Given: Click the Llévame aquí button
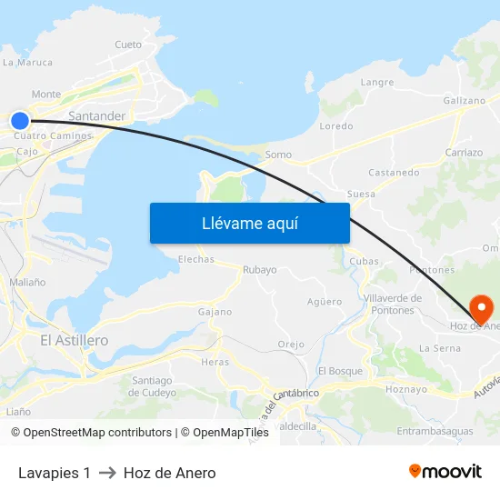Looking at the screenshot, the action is click(x=249, y=223).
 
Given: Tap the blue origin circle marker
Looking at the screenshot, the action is click(x=20, y=120).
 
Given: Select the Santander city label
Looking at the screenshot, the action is click(x=96, y=116).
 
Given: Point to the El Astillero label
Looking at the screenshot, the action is click(x=74, y=340).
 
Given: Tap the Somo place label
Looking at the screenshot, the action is click(x=278, y=155).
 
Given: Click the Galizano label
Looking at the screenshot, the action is click(x=464, y=100).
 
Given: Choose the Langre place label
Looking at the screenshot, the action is click(x=377, y=82).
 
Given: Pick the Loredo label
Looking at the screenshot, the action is click(x=336, y=126).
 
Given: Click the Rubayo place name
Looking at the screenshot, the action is click(x=259, y=270).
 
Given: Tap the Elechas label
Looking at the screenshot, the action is click(x=196, y=259).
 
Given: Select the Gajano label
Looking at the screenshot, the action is click(x=215, y=312).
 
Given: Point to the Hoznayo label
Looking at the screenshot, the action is click(x=406, y=388).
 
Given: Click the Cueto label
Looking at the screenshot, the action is click(x=128, y=45).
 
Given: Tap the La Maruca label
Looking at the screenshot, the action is click(x=27, y=63).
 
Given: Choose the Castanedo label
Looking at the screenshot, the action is click(x=394, y=172).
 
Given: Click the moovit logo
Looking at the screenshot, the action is click(x=445, y=471).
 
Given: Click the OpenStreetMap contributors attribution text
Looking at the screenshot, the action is click(x=98, y=433).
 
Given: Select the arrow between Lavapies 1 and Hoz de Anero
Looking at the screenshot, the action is click(x=107, y=473).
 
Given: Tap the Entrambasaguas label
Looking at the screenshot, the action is click(x=435, y=431).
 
